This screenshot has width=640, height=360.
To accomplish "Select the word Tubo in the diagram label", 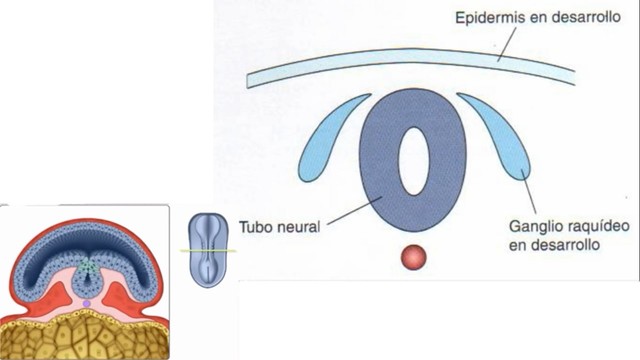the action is [258, 226].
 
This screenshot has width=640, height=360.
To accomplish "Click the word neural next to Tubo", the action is [299, 226].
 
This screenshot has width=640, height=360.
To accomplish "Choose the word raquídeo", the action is [566, 226].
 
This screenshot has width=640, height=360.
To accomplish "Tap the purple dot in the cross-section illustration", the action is [86, 302].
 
